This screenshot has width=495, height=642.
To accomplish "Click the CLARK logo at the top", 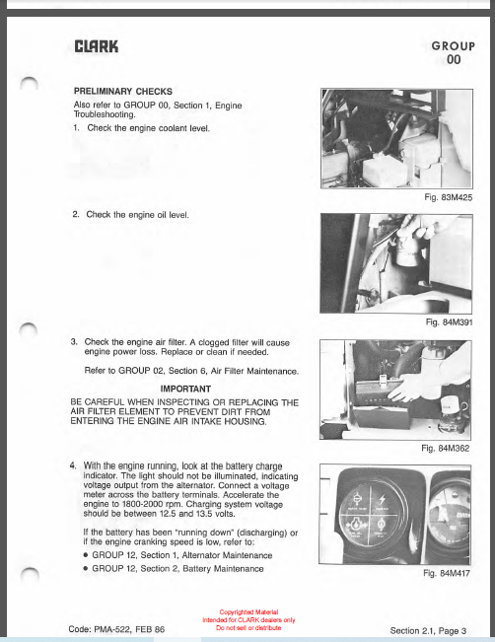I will (x=96, y=45).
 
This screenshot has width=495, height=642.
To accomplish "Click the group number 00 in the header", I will (x=454, y=60).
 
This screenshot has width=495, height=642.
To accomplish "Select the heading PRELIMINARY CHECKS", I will (x=123, y=90).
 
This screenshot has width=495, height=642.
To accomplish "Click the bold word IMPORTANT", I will (x=184, y=389).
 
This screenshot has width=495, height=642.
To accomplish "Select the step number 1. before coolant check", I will (x=76, y=128).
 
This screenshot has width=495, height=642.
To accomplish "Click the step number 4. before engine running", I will (x=73, y=464).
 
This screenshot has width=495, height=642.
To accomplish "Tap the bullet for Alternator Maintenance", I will (x=87, y=555).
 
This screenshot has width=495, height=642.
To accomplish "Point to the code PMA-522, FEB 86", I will (x=116, y=628).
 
